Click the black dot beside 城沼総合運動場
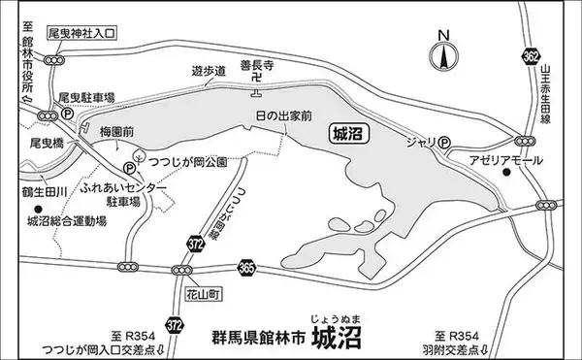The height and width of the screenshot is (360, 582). pyautogui.click(x=38, y=209)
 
